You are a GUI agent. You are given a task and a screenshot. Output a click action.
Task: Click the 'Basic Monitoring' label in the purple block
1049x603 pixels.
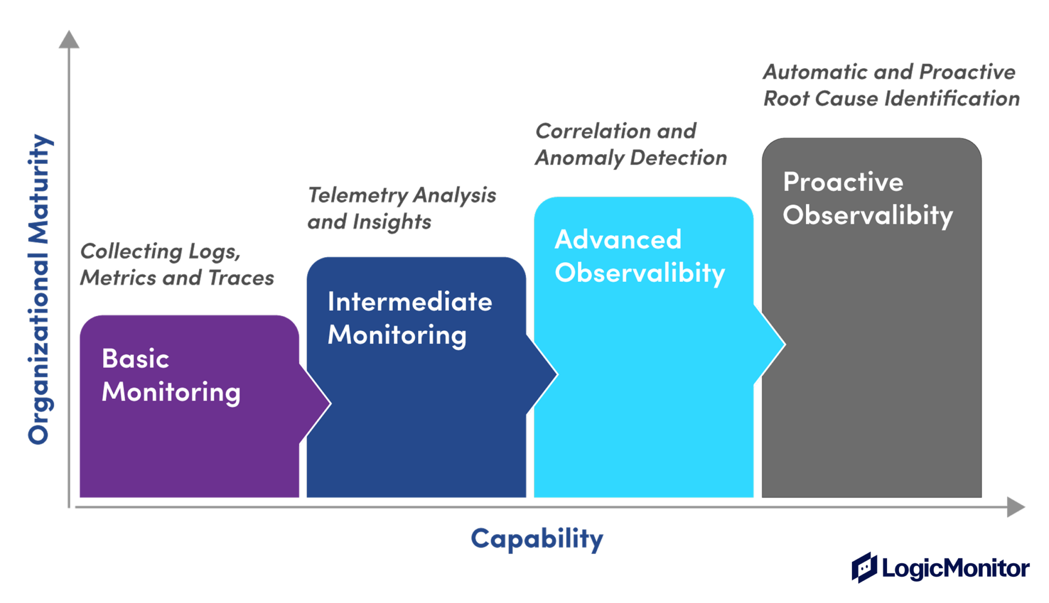click(171, 375)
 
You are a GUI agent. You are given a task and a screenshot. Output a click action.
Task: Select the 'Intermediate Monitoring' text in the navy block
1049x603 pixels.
click(409, 318)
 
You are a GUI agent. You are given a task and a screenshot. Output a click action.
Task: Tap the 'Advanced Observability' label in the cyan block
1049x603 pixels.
click(639, 256)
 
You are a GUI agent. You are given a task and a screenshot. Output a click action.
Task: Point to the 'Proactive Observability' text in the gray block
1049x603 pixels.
click(867, 199)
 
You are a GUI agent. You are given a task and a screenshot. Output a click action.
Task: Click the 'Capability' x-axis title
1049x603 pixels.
click(537, 539)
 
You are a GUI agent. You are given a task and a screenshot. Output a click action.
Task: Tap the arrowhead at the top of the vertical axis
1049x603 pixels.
click(69, 40)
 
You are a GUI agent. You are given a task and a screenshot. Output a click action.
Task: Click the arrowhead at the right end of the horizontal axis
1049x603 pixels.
click(1015, 507)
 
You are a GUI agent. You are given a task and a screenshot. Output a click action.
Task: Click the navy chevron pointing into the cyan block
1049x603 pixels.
click(543, 374)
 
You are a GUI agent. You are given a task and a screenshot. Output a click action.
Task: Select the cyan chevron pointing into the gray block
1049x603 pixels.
click(770, 344)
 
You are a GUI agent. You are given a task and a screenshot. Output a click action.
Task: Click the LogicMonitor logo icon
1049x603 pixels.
click(865, 567)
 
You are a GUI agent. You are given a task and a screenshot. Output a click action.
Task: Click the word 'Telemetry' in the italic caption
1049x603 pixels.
click(358, 196)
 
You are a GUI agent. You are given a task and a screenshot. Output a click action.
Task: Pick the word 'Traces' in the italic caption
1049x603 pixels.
click(241, 278)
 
